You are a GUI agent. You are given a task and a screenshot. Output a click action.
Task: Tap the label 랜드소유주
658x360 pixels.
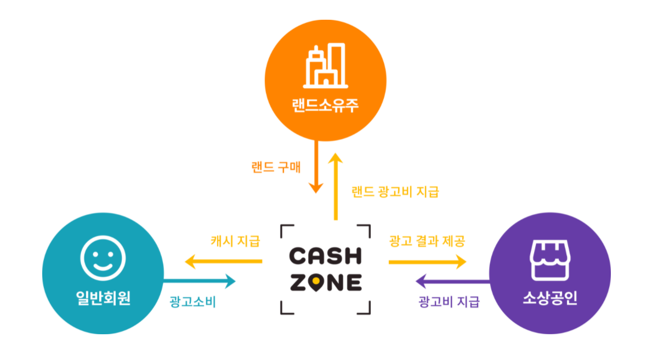coord(325,104)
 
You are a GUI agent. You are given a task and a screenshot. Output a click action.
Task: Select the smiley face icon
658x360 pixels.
coord(103,258)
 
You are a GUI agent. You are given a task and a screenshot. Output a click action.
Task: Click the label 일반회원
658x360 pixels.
coord(103,299)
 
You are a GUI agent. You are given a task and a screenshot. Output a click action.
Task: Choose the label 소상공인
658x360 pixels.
coord(549,299)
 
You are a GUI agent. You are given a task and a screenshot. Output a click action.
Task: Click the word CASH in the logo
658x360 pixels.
coord(325,256)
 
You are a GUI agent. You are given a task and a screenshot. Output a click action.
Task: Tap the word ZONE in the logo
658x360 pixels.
coord(325,282)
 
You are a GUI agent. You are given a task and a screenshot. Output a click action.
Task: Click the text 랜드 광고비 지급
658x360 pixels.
coord(395,192)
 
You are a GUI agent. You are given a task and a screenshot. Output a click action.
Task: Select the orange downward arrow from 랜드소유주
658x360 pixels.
coord(316,167)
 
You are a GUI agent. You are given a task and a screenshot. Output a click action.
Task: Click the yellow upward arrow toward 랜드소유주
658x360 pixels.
coord(336,186)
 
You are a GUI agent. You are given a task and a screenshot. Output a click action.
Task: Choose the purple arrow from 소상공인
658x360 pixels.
coord(452,282)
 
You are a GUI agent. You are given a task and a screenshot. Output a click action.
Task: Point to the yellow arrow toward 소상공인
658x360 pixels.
coord(427,262)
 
